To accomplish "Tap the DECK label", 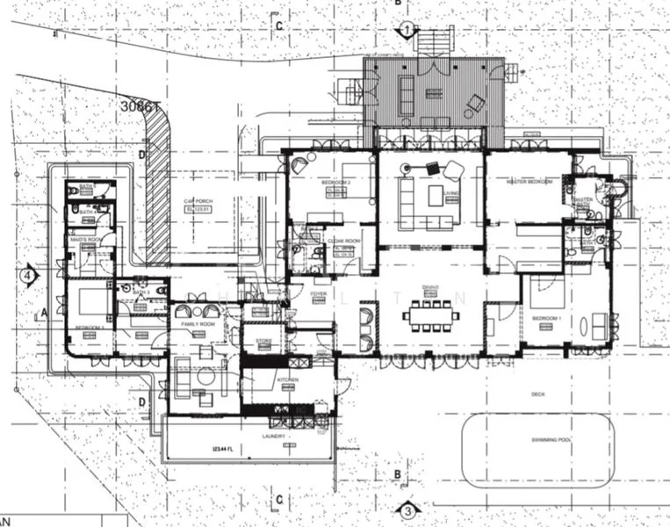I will pos(537,394).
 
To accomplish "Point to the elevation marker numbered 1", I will pos(407,30).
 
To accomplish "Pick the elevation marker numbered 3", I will pos(407,510).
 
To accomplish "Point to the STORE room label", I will pos(263,341).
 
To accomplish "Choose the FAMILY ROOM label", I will pos(198,324).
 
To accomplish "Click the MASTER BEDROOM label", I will pos(530,181).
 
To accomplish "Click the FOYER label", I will pos(317,295).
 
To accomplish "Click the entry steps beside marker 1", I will pos(430,41).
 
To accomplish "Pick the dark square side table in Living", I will pos(432,168).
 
